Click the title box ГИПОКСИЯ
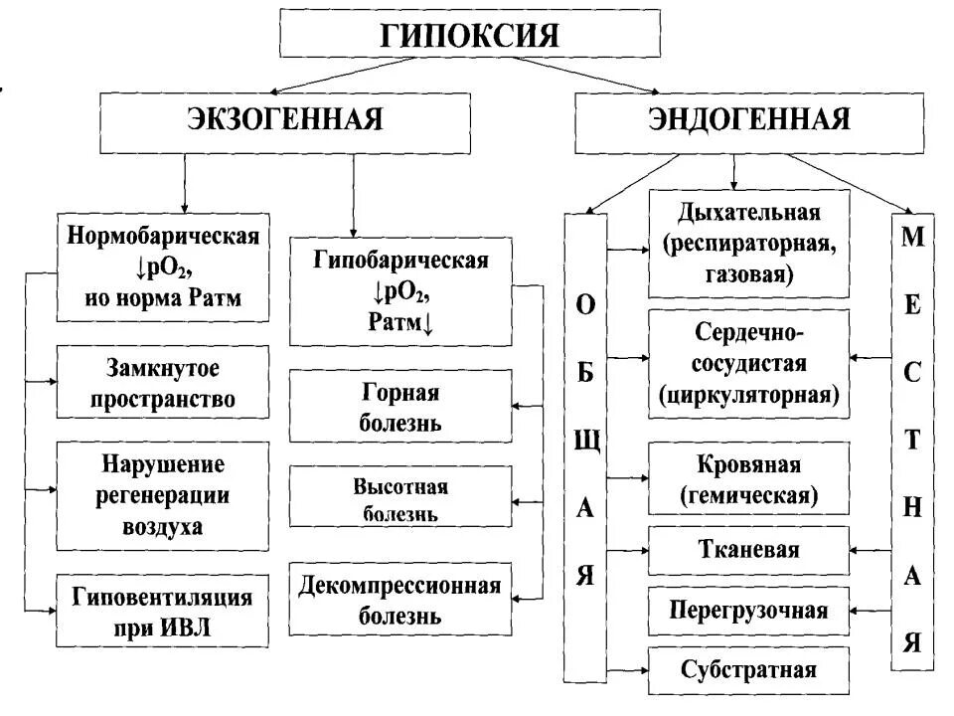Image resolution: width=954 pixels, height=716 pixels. tap(470, 36)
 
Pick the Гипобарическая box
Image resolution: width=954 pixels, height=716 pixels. tap(400, 291)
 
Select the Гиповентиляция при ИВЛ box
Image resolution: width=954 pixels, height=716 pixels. tap(162, 611)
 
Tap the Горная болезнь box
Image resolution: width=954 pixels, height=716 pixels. tap(400, 406)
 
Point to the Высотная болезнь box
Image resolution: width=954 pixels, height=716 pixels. tap(400, 500)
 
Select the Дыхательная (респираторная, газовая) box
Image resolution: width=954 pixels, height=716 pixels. tap(748, 244)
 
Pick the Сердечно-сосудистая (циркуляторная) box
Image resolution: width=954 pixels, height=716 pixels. tap(748, 363)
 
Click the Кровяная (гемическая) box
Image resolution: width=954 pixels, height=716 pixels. tap(748, 478)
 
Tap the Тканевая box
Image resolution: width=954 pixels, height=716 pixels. tap(748, 548)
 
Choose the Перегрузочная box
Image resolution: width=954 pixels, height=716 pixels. tap(748, 608)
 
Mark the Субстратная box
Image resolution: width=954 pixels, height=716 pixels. tap(748, 669)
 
